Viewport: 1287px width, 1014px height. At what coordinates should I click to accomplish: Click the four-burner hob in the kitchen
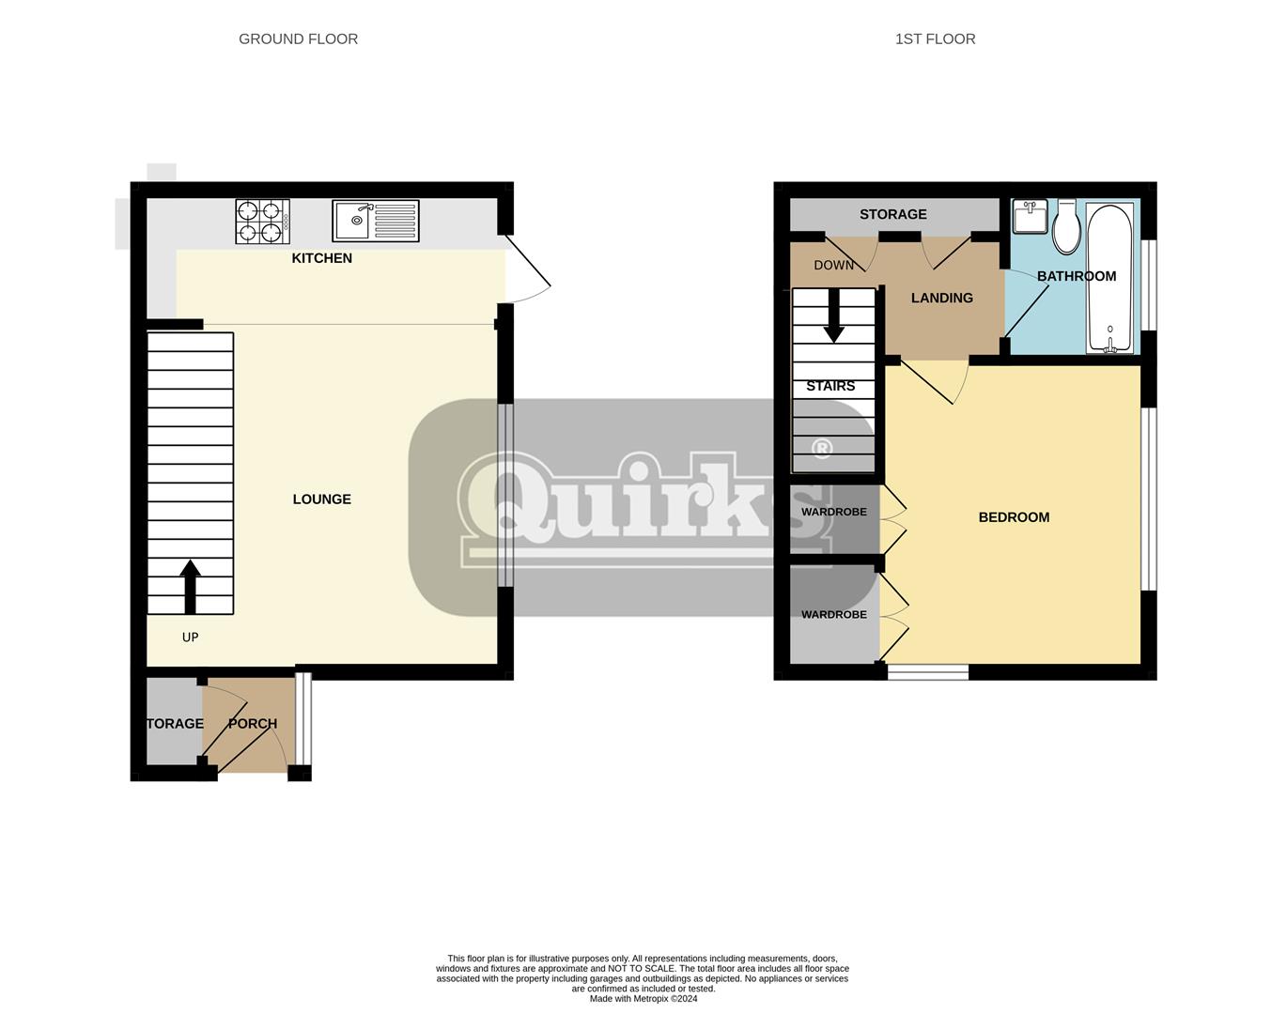[262, 222]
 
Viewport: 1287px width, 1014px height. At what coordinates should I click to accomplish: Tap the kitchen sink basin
[354, 221]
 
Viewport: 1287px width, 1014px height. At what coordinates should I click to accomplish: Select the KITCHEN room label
[321, 258]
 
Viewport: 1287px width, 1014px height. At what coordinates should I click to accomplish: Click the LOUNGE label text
[321, 499]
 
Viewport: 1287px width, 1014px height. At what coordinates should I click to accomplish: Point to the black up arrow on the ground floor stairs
[190, 587]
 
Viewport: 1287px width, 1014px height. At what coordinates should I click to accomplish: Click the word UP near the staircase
[190, 638]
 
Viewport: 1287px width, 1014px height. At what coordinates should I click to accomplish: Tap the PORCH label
[253, 724]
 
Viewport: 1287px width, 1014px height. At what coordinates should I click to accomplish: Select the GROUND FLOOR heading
[299, 38]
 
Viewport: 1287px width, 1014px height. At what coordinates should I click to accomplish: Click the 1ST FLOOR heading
[936, 38]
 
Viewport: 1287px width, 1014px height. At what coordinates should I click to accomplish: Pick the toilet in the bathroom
[1066, 226]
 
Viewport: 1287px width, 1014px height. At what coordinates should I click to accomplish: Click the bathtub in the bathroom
[1110, 277]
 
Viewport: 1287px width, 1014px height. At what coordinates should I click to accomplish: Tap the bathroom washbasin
[1030, 217]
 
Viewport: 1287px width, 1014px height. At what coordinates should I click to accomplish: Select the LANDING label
[942, 298]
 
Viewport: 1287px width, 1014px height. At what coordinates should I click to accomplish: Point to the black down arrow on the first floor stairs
[833, 315]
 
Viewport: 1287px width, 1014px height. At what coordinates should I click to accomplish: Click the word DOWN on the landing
[833, 266]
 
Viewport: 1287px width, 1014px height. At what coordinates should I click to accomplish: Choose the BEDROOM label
[1014, 517]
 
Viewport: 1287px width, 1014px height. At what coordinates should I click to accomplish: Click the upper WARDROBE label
[833, 512]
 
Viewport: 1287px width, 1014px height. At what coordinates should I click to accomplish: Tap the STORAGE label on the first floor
[892, 214]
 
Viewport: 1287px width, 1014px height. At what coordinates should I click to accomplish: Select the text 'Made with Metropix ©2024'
[643, 998]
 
